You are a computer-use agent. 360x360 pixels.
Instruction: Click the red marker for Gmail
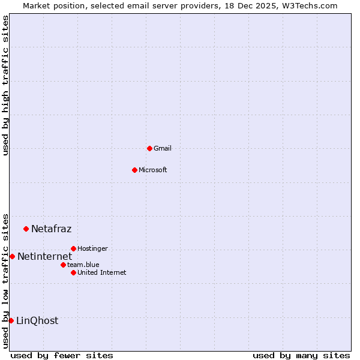149,148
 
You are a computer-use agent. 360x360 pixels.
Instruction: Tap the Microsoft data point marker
134,170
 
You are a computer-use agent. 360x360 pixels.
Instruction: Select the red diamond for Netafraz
26,229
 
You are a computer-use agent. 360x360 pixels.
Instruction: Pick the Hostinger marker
73,248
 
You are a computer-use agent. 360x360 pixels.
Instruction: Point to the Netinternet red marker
12,256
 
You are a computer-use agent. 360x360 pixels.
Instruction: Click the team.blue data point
63,265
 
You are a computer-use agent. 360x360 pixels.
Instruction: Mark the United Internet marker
73,272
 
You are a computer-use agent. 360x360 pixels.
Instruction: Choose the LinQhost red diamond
11,320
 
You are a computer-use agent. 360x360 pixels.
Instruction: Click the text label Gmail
163,148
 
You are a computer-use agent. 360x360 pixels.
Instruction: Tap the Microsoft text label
153,170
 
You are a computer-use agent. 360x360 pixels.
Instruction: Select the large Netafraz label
51,229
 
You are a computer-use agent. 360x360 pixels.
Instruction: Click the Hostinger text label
92,248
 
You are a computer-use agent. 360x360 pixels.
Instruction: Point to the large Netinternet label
44,257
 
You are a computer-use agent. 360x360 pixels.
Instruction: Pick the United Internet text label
101,272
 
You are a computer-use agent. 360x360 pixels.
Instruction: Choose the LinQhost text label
37,321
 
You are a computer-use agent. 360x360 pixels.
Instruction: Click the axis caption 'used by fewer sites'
62,355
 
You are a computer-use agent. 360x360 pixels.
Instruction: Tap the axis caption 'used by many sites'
301,355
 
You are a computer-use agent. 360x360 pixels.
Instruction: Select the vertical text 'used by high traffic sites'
5,85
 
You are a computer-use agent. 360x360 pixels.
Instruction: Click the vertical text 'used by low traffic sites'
5,281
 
